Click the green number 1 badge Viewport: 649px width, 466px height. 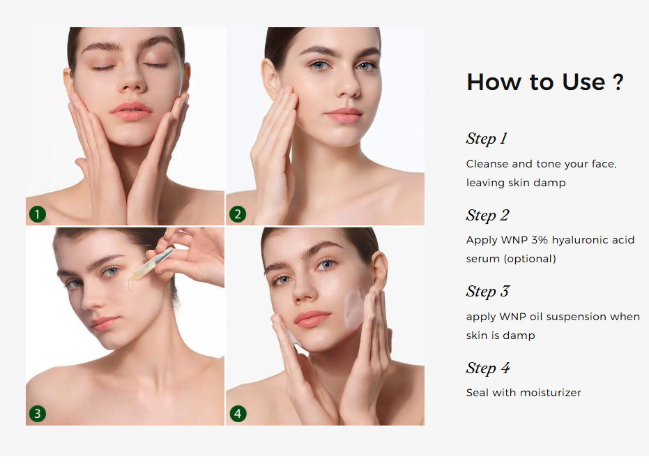coord(37,214)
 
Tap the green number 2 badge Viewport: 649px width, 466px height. coord(238,214)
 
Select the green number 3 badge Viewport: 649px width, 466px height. coord(37,414)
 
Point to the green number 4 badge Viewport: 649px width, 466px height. coord(238,414)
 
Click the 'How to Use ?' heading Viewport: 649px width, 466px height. coord(544,82)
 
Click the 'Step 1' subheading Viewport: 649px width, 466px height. coord(487,138)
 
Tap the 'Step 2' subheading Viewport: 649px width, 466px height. coord(487,215)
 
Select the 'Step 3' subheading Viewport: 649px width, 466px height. coord(487,291)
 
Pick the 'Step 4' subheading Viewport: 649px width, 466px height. coord(488,368)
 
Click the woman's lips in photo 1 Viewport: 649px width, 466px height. coord(131,111)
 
